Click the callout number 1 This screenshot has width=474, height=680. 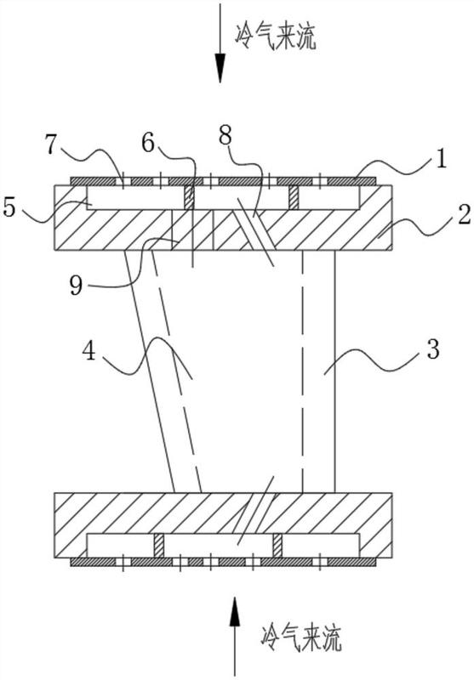coord(440,159)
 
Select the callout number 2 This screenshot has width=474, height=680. coord(464,215)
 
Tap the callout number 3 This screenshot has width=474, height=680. coord(433,348)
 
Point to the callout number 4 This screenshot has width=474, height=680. coord(89,351)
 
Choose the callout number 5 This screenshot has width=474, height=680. coord(9,207)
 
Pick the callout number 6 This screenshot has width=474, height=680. coord(148,143)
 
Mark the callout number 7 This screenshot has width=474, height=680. coord(51,144)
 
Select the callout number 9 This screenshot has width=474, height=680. coord(77,286)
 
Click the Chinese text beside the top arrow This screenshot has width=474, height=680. coord(275,36)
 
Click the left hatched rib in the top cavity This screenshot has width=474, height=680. coord(189,197)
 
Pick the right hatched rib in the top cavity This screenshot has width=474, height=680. coord(294,197)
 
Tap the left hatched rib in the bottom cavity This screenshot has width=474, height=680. coord(159,546)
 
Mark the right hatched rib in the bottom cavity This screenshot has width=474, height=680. coord(277,546)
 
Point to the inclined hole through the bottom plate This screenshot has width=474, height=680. coord(251,513)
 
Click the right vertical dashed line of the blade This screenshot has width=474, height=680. coord(302,371)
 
